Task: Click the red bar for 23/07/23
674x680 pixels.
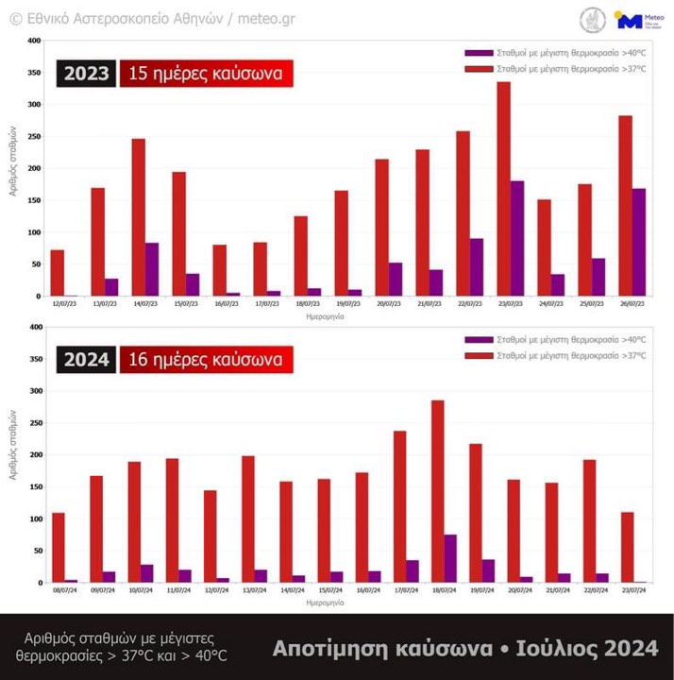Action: (x=503, y=189)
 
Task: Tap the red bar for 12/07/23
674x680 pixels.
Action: (x=58, y=273)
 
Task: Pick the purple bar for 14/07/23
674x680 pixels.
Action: (x=152, y=269)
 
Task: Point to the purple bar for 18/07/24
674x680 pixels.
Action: (x=451, y=558)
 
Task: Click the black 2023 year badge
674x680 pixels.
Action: (x=86, y=74)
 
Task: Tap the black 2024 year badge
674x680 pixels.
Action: (x=86, y=360)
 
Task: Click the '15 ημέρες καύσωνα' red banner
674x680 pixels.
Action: (x=206, y=74)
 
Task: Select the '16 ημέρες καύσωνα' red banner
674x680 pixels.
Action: (x=206, y=360)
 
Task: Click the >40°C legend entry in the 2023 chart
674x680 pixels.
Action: (x=555, y=54)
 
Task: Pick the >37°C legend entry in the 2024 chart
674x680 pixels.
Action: (x=555, y=356)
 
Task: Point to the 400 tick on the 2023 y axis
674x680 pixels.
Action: (x=34, y=41)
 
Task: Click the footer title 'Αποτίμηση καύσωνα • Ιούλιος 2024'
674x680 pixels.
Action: (x=465, y=648)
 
